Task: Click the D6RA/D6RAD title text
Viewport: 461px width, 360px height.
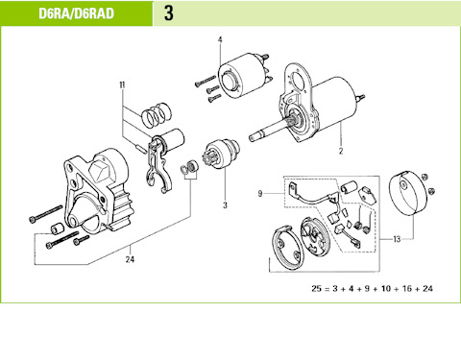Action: pos(76,13)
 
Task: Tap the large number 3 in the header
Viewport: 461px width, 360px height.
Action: pos(169,13)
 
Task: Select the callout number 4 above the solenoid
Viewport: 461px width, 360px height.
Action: pos(220,40)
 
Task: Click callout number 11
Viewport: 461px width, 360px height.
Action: pos(122,85)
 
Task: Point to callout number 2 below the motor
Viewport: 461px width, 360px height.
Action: pos(341,151)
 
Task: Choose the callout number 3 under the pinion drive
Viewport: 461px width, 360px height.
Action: pos(225,205)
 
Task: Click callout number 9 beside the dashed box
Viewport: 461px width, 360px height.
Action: pos(260,194)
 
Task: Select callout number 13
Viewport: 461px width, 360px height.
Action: pos(397,239)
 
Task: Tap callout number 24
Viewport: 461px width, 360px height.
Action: pos(130,259)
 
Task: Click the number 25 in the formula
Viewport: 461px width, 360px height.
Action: pos(316,289)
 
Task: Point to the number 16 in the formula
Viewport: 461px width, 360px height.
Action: pos(407,289)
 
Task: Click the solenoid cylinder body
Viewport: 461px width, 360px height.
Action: pos(242,75)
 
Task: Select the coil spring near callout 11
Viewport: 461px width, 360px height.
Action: pos(156,115)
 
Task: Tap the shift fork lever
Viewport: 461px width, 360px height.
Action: pos(158,165)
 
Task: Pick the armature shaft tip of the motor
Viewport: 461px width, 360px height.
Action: pos(252,137)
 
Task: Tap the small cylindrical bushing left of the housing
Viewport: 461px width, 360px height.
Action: pos(58,228)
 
